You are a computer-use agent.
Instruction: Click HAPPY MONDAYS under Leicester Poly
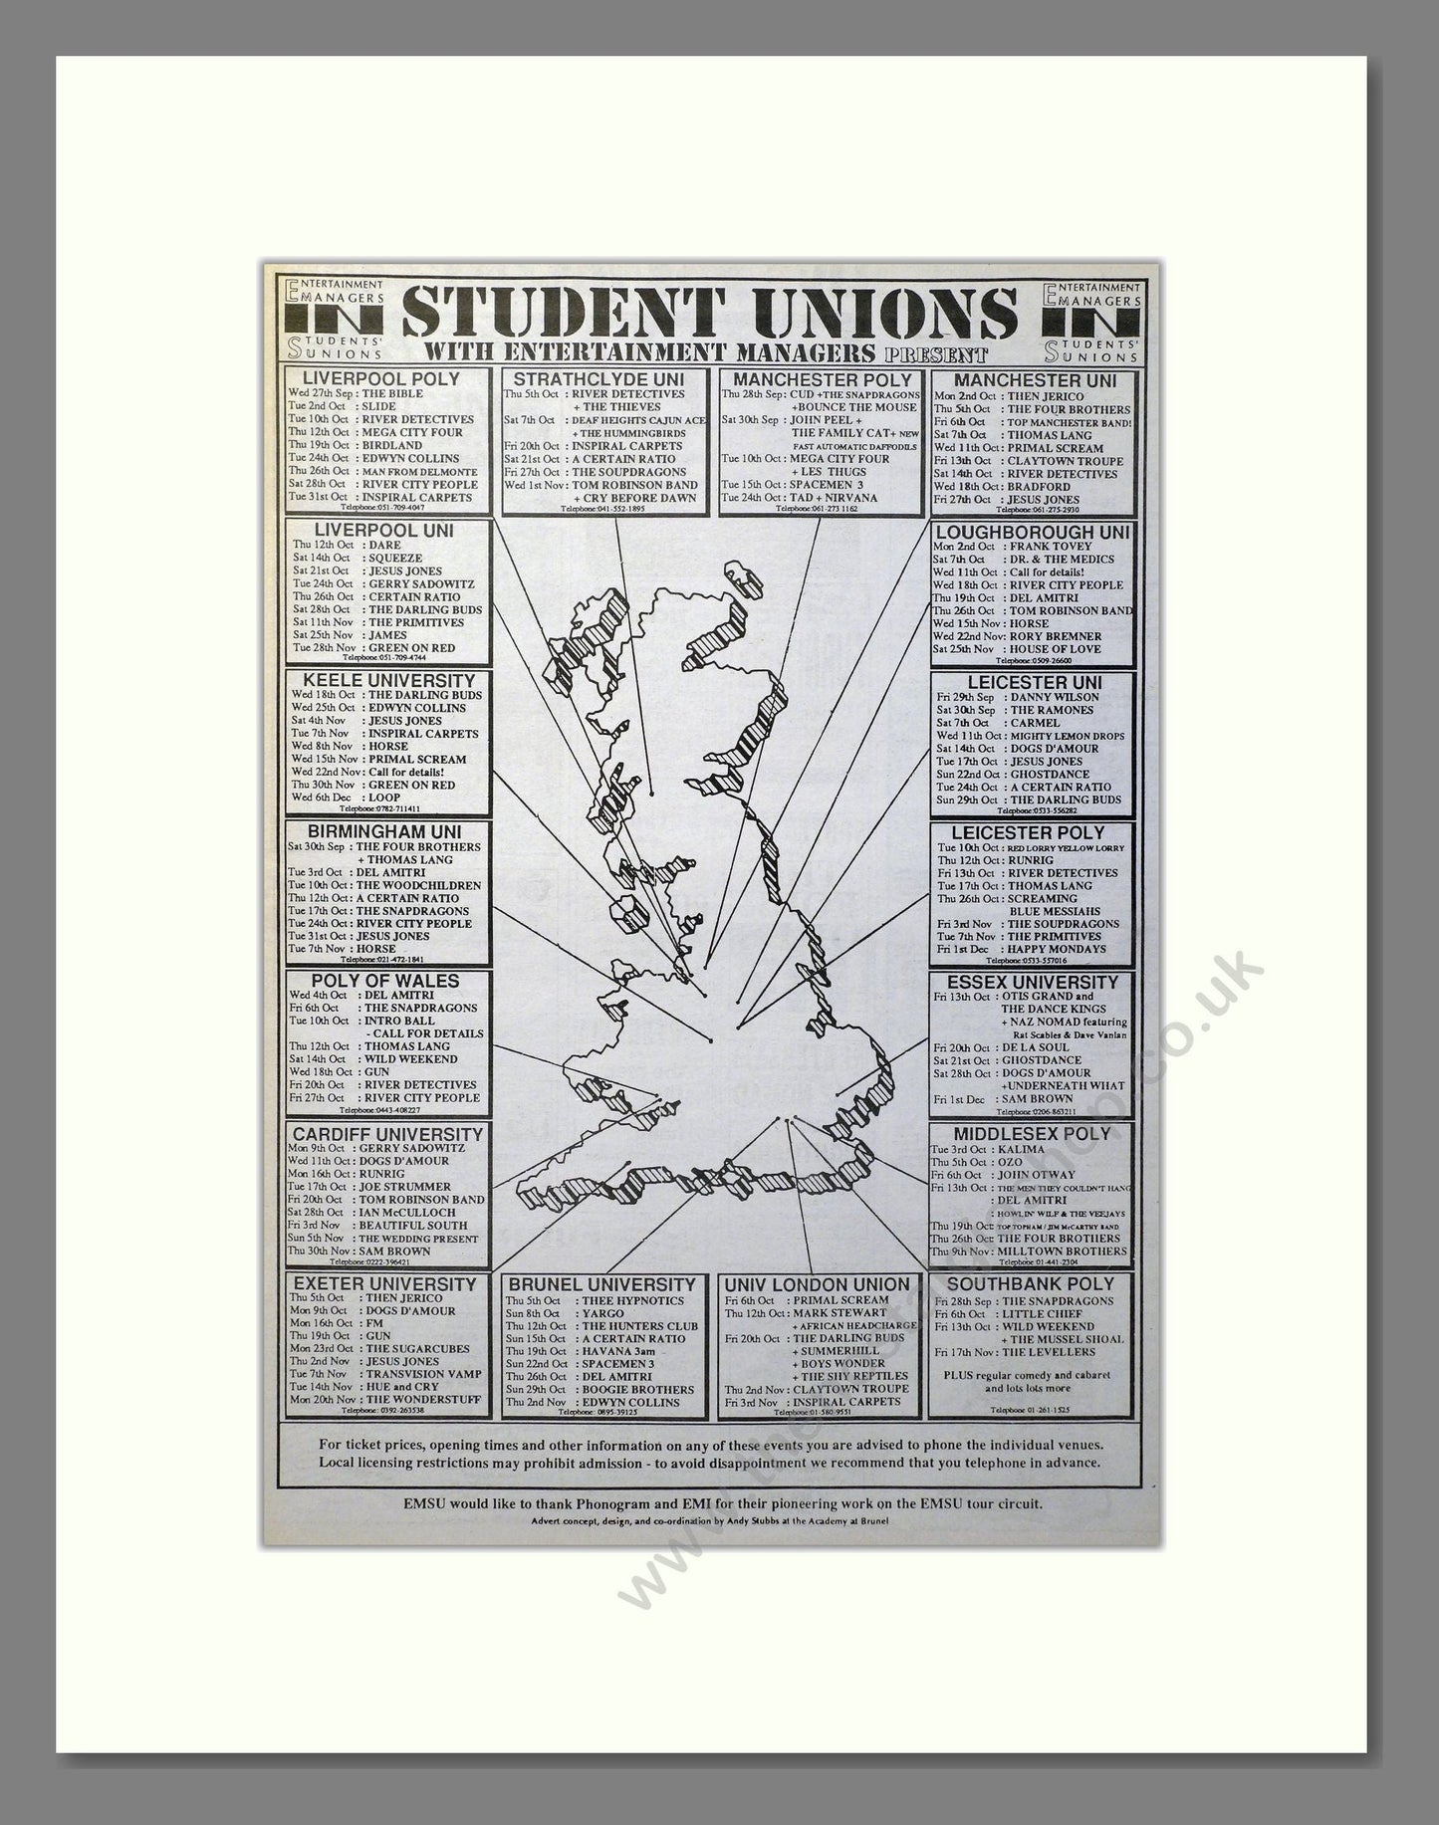pyautogui.click(x=1057, y=949)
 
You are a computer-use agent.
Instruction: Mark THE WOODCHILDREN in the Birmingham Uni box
pyautogui.click(x=417, y=885)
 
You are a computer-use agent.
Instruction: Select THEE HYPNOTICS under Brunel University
pyautogui.click(x=634, y=1301)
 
